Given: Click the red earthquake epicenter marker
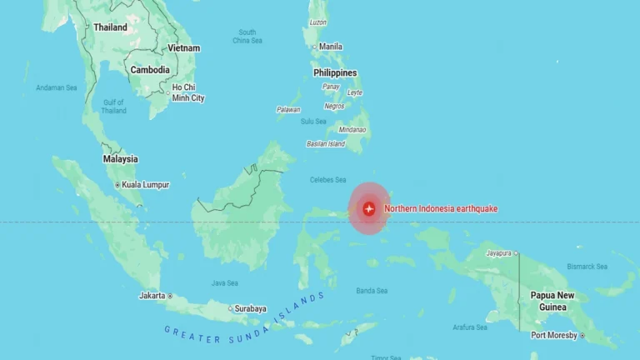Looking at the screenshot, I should [369, 208].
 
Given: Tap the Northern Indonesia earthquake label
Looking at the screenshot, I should [441, 208].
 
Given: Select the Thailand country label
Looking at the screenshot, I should [110, 27].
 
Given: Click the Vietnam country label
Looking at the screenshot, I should [183, 48].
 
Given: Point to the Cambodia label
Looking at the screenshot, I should [151, 70].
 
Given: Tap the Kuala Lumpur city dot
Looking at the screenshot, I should [117, 185].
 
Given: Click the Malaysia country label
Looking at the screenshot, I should [120, 159].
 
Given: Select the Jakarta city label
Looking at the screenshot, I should [152, 296].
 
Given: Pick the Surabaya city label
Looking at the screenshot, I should [250, 308].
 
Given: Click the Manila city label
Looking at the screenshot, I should [331, 47].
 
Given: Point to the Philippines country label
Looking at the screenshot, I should [335, 72].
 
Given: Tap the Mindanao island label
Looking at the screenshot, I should [352, 129].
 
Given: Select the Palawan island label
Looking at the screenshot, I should [288, 109].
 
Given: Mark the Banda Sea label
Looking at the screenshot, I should [372, 291].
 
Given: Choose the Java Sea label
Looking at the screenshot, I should [224, 282].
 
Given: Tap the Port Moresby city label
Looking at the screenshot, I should [555, 335].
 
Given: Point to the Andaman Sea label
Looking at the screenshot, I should [56, 87].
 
